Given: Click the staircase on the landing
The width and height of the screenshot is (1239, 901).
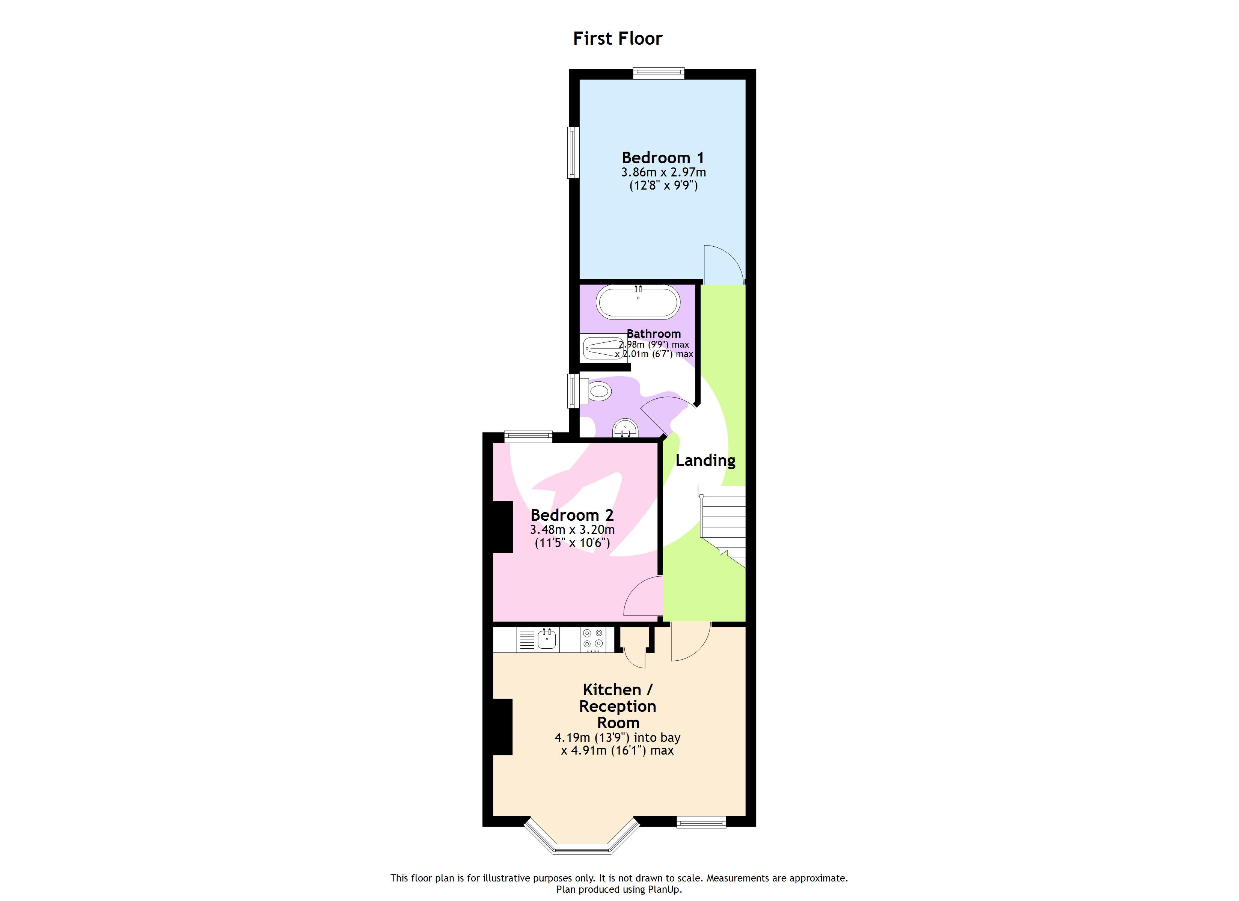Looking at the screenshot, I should (x=723, y=524).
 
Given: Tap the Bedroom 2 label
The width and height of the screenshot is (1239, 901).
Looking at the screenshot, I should (x=572, y=515).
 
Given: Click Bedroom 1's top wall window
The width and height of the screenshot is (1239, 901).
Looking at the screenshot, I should (x=658, y=73).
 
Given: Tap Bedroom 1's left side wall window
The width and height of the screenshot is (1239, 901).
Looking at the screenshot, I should (x=573, y=152).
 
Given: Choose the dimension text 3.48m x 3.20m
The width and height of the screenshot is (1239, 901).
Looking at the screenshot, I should (x=572, y=529).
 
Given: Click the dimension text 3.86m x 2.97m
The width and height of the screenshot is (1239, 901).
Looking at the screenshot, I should (x=663, y=172).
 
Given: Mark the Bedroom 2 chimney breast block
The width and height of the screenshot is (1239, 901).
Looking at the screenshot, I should (x=502, y=527).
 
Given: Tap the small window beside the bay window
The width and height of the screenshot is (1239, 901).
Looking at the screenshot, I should (x=701, y=821).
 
